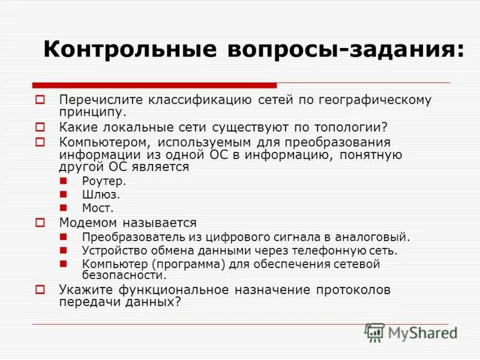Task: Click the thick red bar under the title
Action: click(155, 85)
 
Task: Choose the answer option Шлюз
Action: click(101, 194)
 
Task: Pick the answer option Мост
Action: click(98, 208)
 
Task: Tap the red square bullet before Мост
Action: click(64, 208)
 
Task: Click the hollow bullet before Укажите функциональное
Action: click(40, 290)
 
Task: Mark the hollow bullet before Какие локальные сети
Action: click(40, 127)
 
